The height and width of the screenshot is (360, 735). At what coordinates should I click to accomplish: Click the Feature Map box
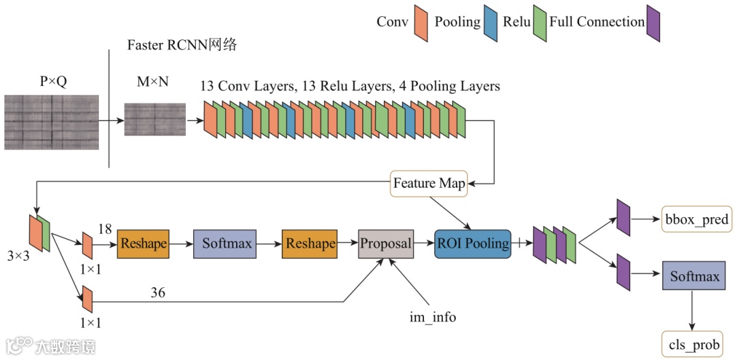click(x=429, y=183)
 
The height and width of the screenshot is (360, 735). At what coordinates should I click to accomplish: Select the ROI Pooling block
click(x=472, y=244)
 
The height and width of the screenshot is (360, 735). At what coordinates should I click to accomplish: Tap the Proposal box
click(x=386, y=244)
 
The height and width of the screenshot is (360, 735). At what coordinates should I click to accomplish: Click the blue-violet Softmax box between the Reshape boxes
click(x=225, y=244)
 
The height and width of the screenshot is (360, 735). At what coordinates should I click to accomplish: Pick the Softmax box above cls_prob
click(x=694, y=276)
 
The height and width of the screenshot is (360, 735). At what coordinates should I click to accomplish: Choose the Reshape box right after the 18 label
click(x=143, y=244)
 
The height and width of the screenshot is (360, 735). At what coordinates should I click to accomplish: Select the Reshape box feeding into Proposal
click(x=310, y=244)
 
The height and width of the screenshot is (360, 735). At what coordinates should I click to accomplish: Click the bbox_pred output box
click(x=696, y=218)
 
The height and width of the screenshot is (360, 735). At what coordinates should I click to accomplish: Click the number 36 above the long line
click(x=158, y=293)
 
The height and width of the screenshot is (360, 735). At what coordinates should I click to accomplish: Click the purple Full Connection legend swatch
click(x=653, y=23)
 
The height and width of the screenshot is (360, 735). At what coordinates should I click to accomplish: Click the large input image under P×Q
click(x=52, y=122)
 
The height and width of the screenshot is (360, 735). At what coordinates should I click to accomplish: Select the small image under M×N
click(x=154, y=119)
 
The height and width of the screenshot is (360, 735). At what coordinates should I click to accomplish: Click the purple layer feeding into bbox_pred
click(x=623, y=218)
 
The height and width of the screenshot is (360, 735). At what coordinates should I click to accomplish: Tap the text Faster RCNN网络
click(x=184, y=46)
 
